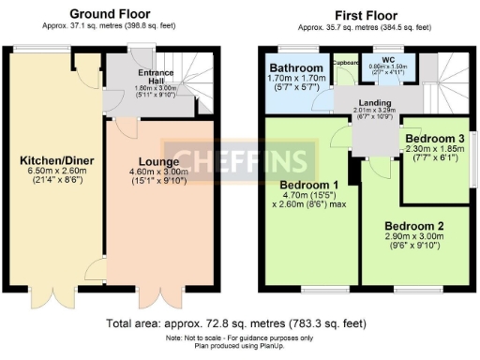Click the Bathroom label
tap(296, 68)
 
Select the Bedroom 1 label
tap(308, 183)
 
